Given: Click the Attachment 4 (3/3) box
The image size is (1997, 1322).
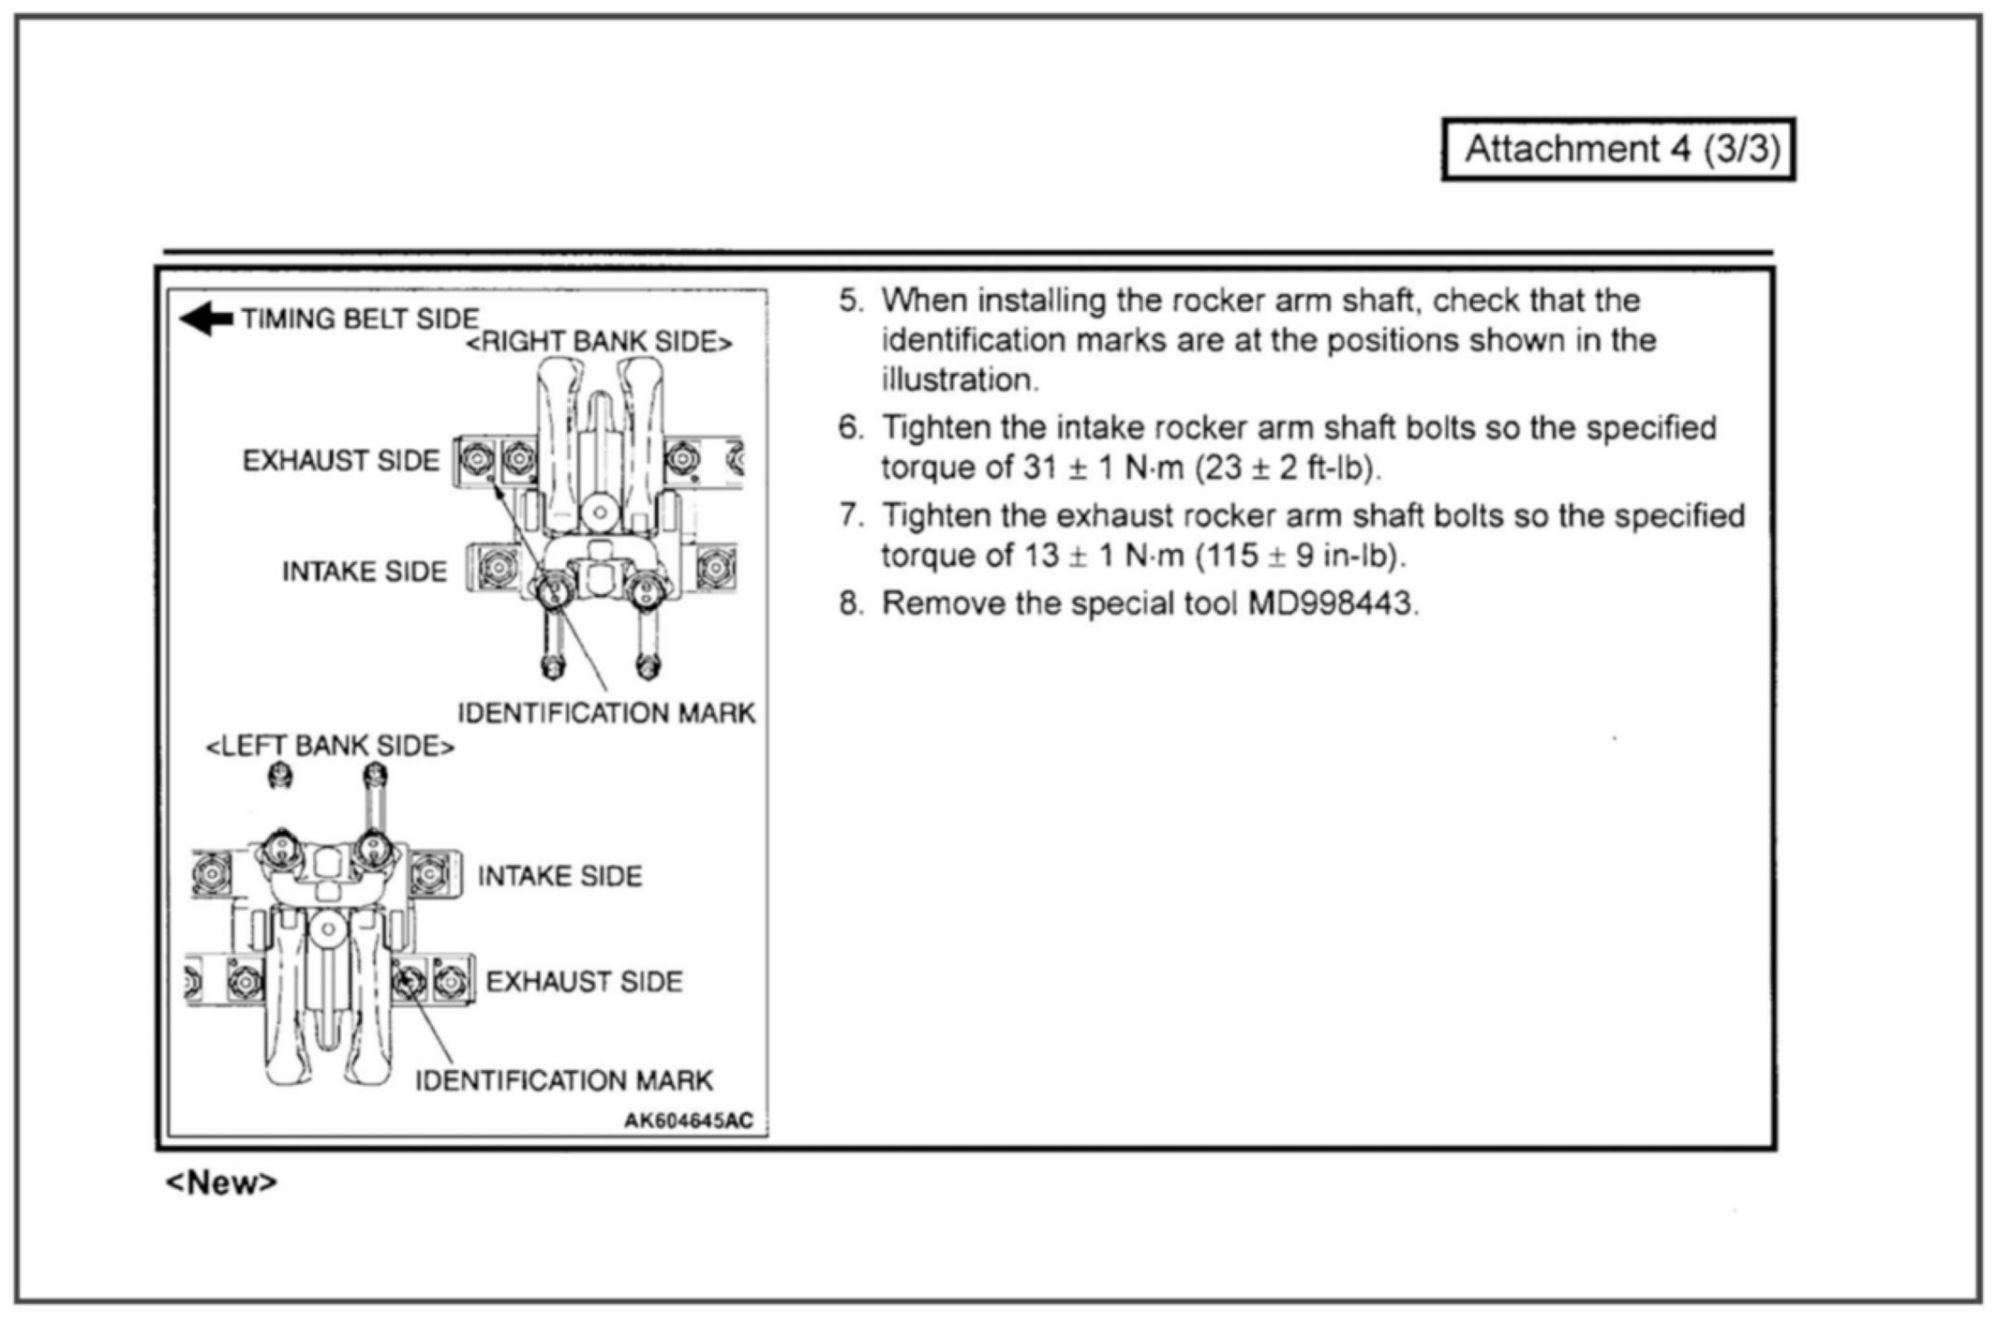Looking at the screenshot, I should [1618, 149].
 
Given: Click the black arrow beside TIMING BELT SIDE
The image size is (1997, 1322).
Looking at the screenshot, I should [207, 319].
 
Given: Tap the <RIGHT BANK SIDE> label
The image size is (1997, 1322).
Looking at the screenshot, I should [599, 343].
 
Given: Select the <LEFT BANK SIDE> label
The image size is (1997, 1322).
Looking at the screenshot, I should [330, 747].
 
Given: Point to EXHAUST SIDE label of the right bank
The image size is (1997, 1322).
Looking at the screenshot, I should [340, 461].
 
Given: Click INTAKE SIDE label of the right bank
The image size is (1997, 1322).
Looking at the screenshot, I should [365, 572].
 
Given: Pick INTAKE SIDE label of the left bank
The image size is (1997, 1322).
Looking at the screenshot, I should [559, 876].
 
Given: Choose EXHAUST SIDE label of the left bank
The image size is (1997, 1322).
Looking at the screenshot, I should [584, 982].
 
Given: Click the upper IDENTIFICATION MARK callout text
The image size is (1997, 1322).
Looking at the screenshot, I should [605, 714].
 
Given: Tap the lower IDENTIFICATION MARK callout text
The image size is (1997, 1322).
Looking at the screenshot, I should [564, 1081].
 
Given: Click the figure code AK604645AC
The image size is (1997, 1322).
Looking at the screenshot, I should [689, 1121].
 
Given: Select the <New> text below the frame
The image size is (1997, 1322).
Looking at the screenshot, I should [221, 1182].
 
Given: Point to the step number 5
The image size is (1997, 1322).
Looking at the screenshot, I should [849, 301].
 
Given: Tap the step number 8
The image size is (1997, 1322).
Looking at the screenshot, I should [849, 603].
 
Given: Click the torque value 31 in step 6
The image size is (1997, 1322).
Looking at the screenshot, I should [1040, 467].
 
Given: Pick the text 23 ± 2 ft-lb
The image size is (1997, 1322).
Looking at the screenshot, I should [1286, 467].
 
